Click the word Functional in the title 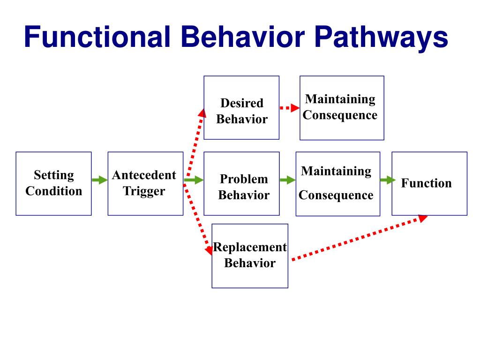[x=97, y=37]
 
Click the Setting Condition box [x=53, y=184]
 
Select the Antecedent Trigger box [x=145, y=184]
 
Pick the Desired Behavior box [x=241, y=108]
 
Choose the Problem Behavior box [x=241, y=184]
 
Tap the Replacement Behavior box [x=250, y=256]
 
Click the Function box [x=429, y=184]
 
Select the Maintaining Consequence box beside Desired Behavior [x=342, y=108]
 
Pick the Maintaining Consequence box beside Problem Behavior [x=338, y=184]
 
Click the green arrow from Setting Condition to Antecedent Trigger [x=100, y=180]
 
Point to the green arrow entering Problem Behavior [x=194, y=180]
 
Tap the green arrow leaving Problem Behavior [x=288, y=180]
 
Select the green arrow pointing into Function [x=388, y=180]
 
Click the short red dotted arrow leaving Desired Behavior [x=290, y=108]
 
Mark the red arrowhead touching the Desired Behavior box [x=202, y=113]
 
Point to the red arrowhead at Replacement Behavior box [x=209, y=250]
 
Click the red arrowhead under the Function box [x=423, y=218]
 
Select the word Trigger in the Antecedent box [x=144, y=191]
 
